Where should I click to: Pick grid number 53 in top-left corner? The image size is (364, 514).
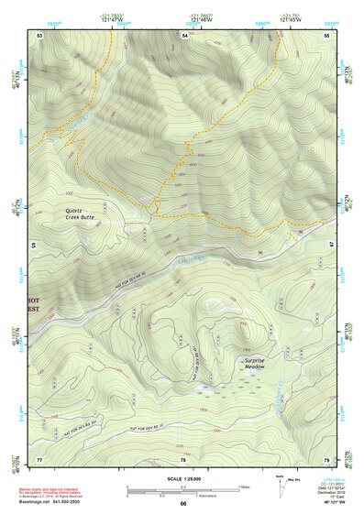point(39,35)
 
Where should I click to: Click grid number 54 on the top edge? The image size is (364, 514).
point(184,35)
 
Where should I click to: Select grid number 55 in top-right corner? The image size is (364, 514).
point(326,35)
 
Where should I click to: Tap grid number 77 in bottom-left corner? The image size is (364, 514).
point(39,458)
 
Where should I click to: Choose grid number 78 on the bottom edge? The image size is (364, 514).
point(184,459)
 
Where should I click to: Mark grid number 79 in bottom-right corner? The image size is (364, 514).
point(326,458)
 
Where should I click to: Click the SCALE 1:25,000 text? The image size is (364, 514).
point(182,479)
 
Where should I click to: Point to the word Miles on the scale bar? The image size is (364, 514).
point(243,487)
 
